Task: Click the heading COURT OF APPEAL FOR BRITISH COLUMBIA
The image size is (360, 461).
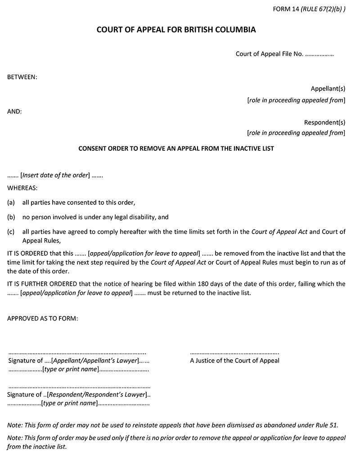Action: pos(176,30)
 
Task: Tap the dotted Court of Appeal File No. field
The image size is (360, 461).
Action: pos(319,54)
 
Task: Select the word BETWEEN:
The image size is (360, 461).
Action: pos(22,77)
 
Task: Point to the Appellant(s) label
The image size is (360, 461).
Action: pos(328,89)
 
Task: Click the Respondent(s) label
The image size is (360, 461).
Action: pos(324,122)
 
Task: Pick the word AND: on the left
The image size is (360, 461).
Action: pos(14,111)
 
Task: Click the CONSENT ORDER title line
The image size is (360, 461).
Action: pos(176,148)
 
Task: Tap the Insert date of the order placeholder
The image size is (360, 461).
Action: pos(55,176)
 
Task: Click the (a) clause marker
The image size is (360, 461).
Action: pos(11,203)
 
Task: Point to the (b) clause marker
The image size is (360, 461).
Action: pos(11,217)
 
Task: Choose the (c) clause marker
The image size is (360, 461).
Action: pos(11,232)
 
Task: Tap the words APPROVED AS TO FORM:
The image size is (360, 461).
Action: pos(42,318)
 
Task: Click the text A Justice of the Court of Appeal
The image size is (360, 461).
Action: pos(234,360)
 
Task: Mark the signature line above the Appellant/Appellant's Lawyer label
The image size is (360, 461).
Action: pos(77,353)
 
